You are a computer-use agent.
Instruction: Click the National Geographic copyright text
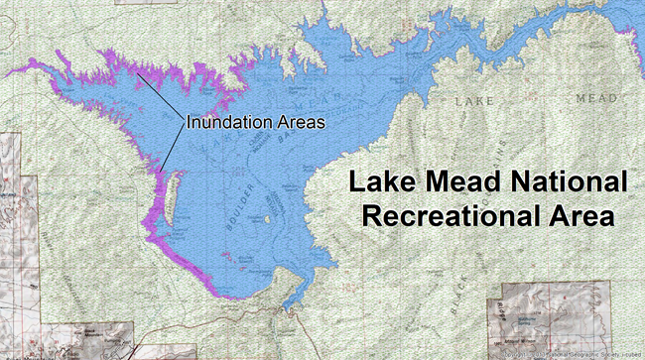click(571, 354)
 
